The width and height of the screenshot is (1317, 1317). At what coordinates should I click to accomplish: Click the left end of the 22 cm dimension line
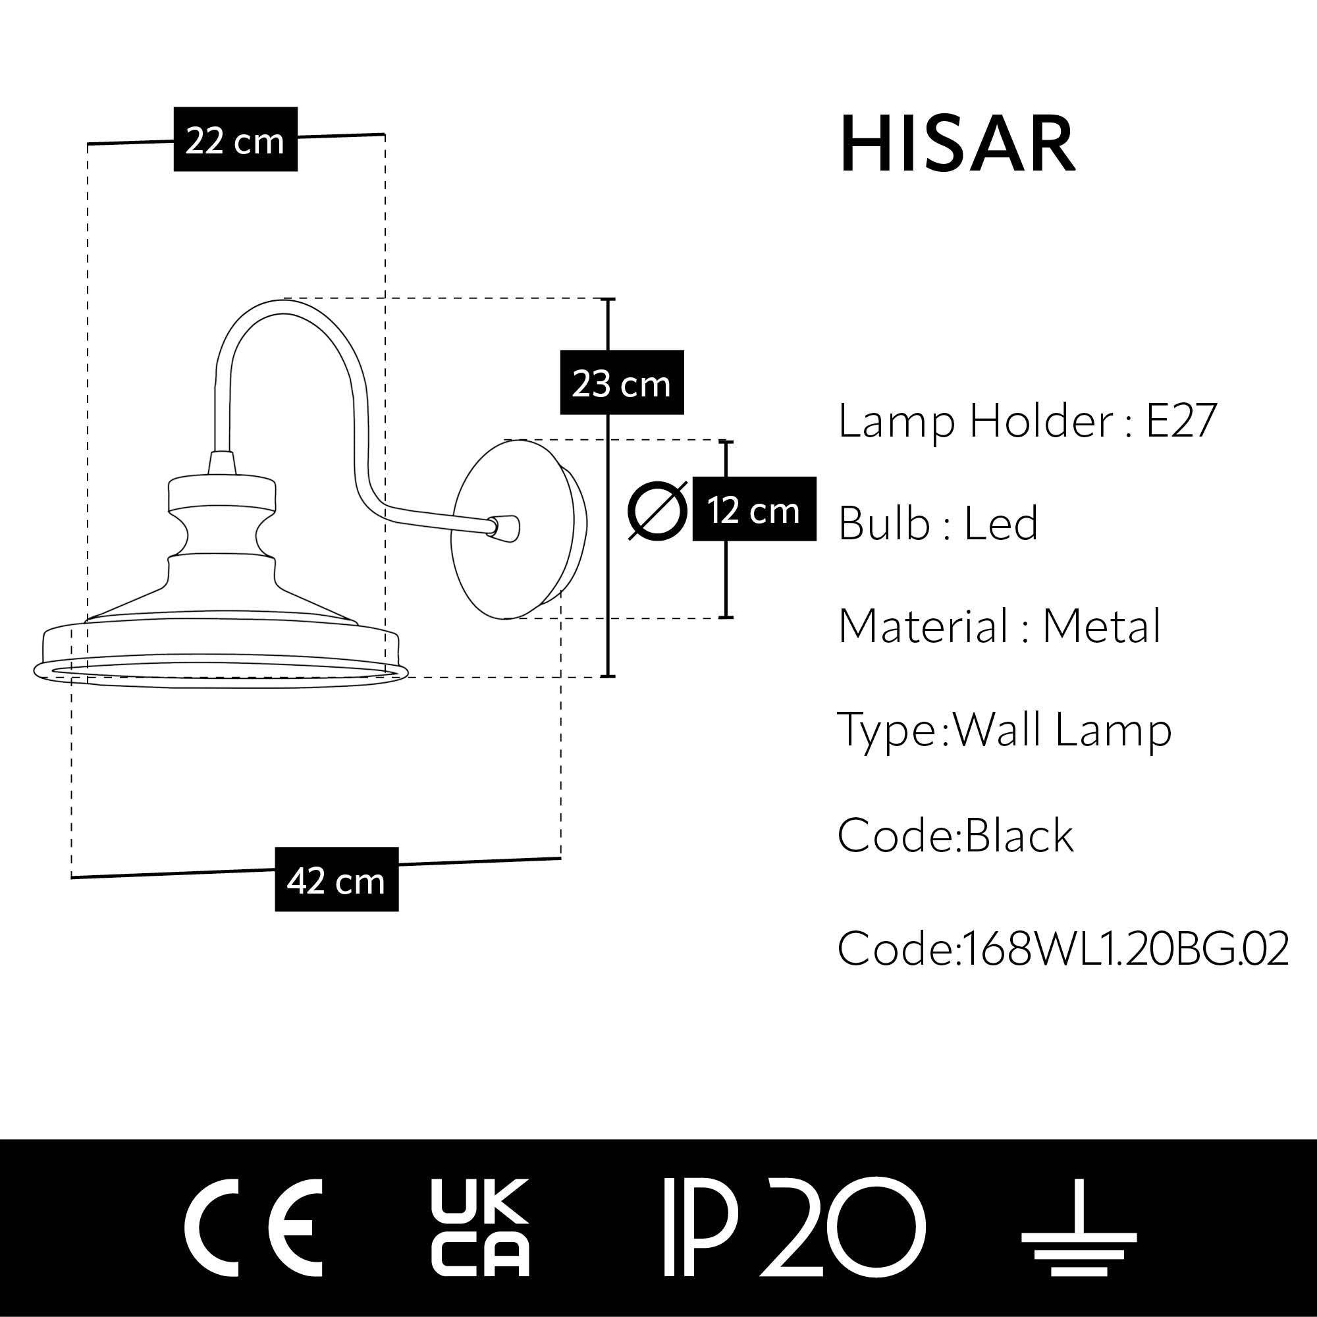tap(88, 144)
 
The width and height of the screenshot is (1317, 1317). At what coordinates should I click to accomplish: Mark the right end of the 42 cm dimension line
tap(561, 858)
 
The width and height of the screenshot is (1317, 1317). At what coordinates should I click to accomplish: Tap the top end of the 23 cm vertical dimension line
tap(608, 299)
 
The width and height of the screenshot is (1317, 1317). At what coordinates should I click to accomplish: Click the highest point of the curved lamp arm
tap(285, 300)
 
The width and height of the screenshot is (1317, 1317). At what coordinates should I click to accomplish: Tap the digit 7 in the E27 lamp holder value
tap(1204, 421)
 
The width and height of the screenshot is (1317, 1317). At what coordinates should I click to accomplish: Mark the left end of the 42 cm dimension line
tap(72, 877)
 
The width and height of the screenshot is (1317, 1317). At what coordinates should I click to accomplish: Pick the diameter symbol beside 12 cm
tap(657, 510)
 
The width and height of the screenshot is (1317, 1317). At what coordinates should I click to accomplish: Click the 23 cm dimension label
tap(622, 383)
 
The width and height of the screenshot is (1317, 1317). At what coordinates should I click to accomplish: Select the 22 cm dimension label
tap(235, 139)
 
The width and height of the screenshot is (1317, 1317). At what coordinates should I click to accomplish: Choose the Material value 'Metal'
tap(1102, 626)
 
